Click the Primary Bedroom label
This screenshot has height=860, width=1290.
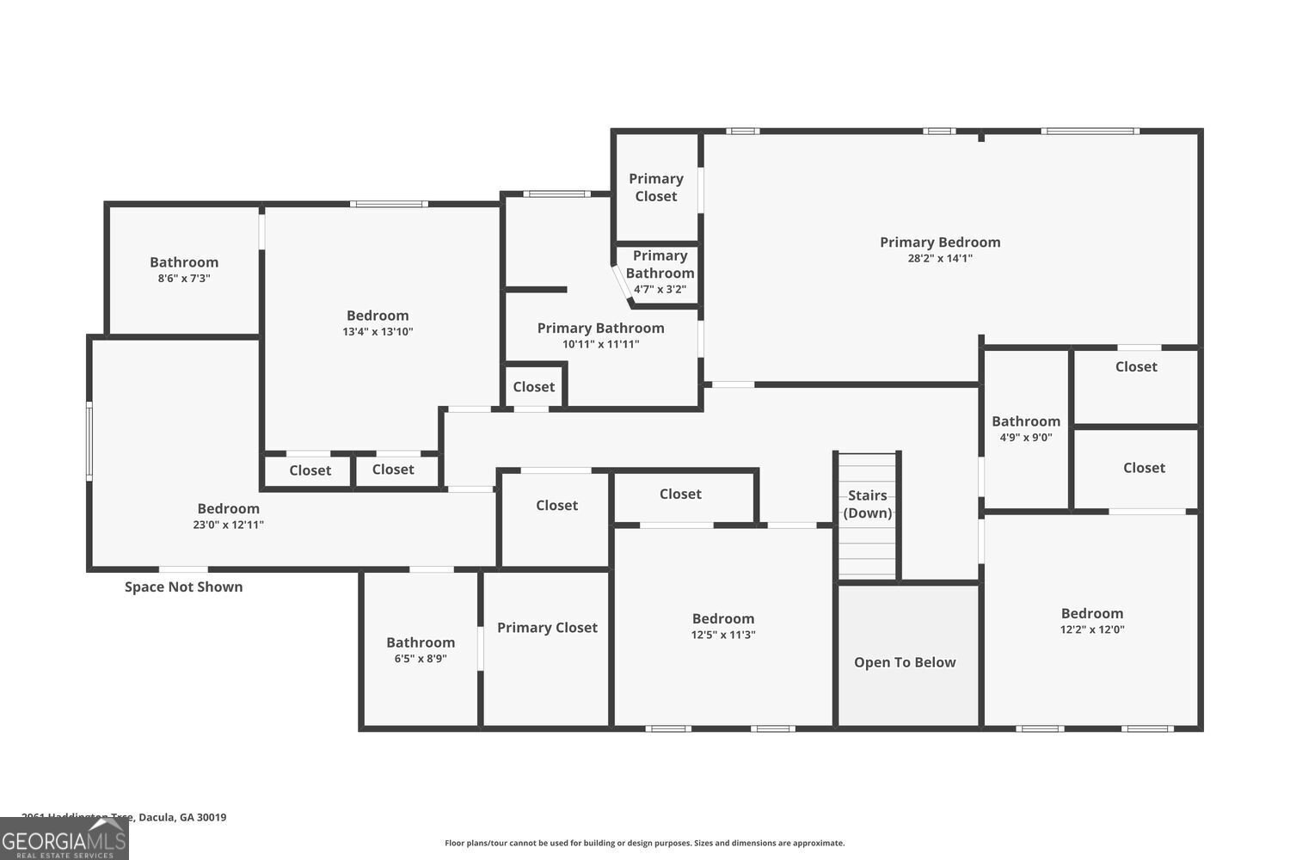tap(939, 243)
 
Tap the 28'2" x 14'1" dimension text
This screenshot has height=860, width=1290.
tap(939, 258)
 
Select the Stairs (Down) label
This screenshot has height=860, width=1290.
tap(867, 504)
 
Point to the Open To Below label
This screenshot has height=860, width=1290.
tap(905, 662)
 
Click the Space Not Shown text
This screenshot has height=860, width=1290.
tap(183, 587)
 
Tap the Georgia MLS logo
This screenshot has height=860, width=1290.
tap(64, 839)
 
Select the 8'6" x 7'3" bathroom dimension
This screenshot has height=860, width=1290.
tap(184, 279)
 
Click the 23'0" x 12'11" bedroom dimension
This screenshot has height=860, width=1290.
tap(228, 525)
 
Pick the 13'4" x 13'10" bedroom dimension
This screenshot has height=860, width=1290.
tap(378, 332)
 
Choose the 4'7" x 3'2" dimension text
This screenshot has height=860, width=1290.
tap(660, 290)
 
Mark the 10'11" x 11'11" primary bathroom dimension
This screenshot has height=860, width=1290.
tap(600, 344)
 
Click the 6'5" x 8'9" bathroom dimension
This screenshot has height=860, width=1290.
tap(421, 659)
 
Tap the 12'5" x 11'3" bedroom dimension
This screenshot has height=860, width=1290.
tap(723, 635)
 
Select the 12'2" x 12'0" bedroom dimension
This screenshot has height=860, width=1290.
tap(1092, 630)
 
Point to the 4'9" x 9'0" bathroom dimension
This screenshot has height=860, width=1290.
tap(1026, 437)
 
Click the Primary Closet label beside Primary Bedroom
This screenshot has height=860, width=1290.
tap(655, 187)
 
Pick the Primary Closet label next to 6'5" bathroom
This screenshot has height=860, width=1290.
tap(547, 628)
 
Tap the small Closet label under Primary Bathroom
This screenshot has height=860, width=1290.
tap(534, 387)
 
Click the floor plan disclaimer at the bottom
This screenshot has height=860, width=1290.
tap(644, 844)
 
